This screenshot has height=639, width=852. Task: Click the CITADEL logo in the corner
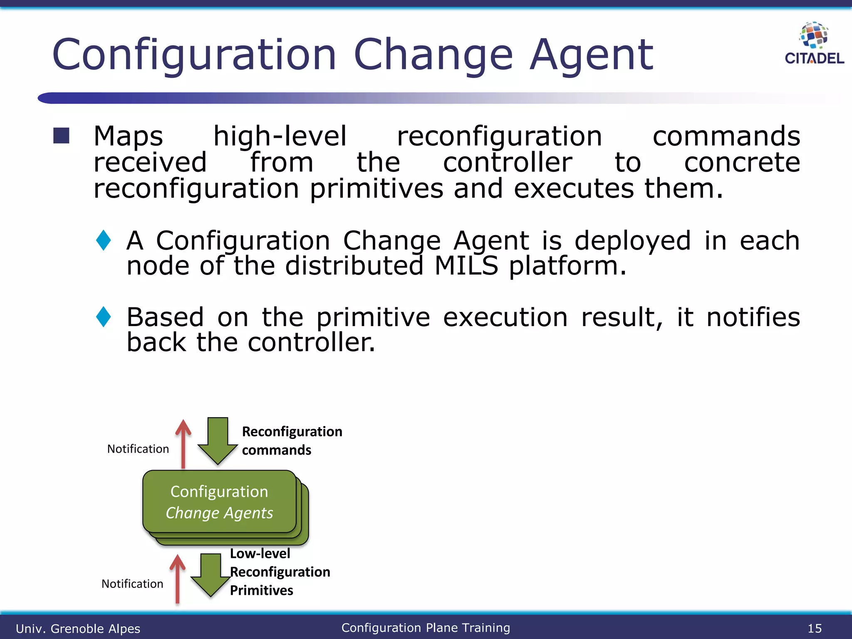[x=814, y=44]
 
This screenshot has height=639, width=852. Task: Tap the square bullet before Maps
[x=61, y=136]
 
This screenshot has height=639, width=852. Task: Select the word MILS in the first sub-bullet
[x=466, y=266]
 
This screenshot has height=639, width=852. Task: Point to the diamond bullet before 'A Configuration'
[x=103, y=240]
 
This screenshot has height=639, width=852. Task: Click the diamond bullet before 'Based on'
[x=103, y=317]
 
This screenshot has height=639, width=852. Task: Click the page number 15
[x=815, y=628]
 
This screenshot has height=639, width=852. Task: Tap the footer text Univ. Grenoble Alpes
[x=78, y=628]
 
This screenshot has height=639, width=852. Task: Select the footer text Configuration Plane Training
[x=426, y=627]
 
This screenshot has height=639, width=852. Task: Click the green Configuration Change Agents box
[x=219, y=502]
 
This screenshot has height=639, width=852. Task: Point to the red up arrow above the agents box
[x=183, y=443]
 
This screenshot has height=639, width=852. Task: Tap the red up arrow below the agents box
[x=178, y=578]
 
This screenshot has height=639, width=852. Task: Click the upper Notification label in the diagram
[x=138, y=449]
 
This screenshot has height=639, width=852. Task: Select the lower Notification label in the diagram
[x=132, y=584]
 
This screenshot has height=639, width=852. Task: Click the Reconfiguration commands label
[x=292, y=441]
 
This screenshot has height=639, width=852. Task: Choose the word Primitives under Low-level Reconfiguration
[x=261, y=590]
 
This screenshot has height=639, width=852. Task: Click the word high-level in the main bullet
[x=280, y=136]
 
